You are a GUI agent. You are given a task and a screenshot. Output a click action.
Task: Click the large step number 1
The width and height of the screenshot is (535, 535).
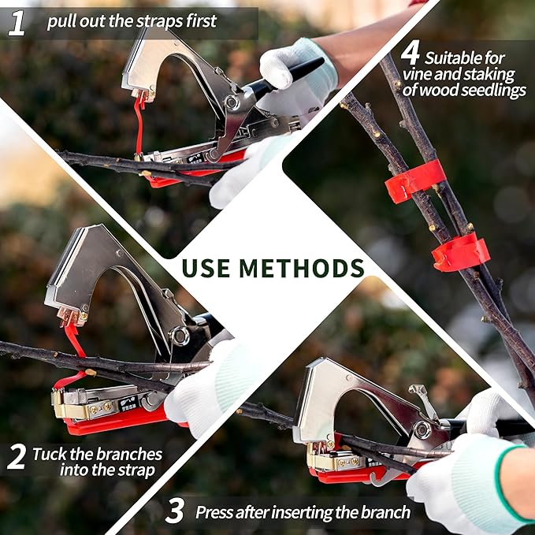coord(17,22)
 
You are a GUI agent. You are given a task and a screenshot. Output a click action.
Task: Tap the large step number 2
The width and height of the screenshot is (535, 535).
coord(17,458)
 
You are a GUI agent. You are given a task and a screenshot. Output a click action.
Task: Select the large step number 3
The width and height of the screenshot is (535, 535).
coord(175,511)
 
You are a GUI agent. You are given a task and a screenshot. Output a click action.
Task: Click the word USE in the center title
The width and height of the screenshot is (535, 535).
coord(207,267)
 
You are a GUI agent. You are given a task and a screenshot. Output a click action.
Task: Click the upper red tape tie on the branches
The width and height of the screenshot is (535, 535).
coord(414,180)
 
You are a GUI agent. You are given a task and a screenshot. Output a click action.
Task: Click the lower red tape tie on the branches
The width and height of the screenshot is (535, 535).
coord(461,252)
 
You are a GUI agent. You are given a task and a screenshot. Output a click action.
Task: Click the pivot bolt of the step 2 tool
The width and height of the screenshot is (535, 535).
coord(181,336)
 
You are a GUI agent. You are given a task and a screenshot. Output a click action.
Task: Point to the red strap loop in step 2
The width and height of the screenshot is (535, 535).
coord(76,347)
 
